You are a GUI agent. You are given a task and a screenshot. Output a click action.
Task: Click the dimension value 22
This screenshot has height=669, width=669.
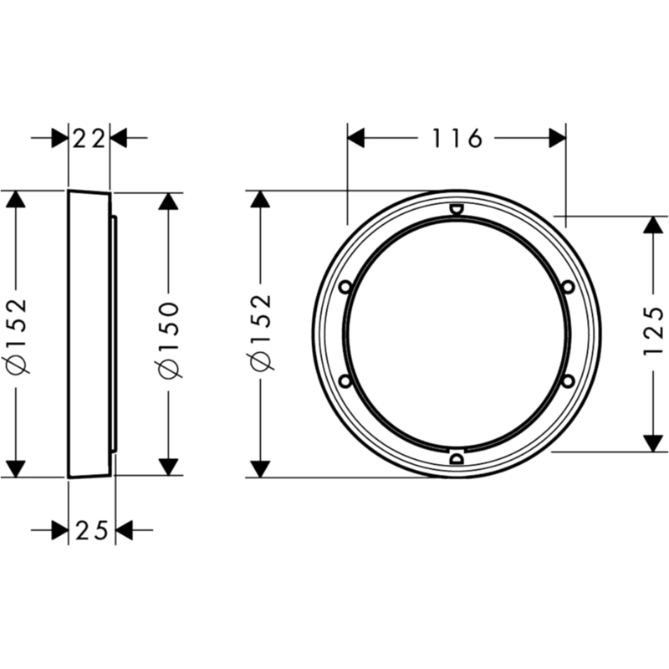[89, 138]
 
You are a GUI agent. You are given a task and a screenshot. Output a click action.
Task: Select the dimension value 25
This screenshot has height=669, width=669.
[92, 530]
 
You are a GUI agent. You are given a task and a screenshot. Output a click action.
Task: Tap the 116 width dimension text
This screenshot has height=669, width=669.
[457, 138]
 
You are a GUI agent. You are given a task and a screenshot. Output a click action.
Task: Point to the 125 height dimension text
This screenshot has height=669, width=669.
[653, 330]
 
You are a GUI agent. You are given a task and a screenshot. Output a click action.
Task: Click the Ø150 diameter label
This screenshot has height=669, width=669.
[169, 340]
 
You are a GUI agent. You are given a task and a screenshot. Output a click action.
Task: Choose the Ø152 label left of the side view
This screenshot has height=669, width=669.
[17, 335]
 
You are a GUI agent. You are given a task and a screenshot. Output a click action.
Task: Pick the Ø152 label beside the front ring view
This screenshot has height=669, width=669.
[261, 331]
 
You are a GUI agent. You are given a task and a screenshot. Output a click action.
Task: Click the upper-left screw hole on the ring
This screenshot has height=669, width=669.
[345, 287]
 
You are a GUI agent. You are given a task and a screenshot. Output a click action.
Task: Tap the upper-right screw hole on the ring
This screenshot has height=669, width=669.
[568, 287]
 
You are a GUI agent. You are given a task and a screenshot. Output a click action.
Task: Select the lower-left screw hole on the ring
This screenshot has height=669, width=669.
[345, 381]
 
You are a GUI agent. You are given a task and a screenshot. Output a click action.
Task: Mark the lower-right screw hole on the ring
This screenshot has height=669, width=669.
[568, 381]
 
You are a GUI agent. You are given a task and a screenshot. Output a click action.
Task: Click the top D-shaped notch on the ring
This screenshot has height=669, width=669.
[457, 209]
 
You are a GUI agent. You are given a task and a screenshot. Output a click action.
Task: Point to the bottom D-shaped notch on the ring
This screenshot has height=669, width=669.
[457, 458]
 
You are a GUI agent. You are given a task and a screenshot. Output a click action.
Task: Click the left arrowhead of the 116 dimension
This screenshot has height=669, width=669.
[356, 138]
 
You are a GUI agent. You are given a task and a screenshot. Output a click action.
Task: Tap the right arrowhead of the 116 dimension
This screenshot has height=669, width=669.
[557, 138]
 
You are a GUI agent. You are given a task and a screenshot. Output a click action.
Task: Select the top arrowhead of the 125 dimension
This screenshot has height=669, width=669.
[653, 225]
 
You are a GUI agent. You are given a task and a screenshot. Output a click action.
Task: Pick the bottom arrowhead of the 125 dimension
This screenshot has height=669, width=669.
[653, 443]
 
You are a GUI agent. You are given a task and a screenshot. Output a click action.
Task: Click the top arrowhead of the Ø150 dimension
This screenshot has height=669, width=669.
[169, 202]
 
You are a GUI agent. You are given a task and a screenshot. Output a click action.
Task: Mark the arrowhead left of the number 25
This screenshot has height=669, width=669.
[59, 530]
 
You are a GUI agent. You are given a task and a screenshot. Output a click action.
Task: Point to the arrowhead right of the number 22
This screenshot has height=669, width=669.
[119, 138]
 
